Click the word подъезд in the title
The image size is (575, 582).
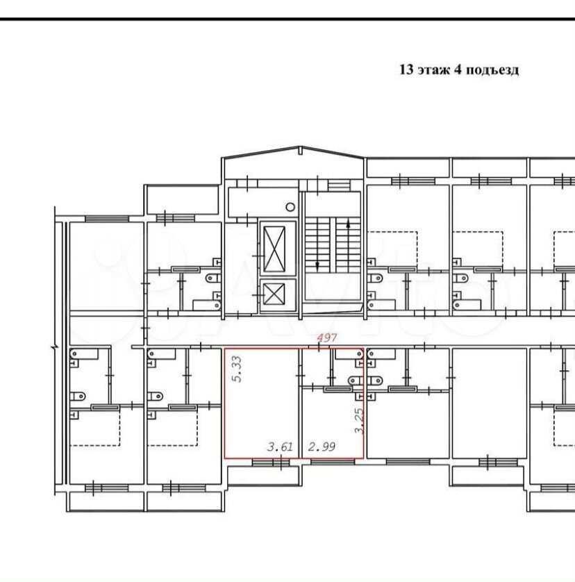pyautogui.click(x=492, y=70)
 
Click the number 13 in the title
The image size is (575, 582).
pyautogui.click(x=406, y=69)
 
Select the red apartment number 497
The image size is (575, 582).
pyautogui.click(x=326, y=338)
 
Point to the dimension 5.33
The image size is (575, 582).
pyautogui.click(x=237, y=369)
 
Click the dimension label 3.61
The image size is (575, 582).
pyautogui.click(x=281, y=447)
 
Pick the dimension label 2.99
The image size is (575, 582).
pyautogui.click(x=322, y=447)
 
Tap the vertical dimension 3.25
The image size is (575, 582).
pyautogui.click(x=359, y=421)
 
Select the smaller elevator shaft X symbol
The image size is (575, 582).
pyautogui.click(x=274, y=294)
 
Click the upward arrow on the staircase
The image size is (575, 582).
pyautogui.click(x=348, y=224)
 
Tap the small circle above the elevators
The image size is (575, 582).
pyautogui.click(x=290, y=207)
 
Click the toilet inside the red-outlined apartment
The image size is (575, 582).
pyautogui.click(x=354, y=381)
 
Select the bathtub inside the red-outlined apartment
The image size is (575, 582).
pyautogui.click(x=349, y=354)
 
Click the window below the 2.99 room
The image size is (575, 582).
pyautogui.click(x=333, y=462)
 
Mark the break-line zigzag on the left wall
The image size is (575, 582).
pyautogui.click(x=55, y=347)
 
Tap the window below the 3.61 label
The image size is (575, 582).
pyautogui.click(x=271, y=462)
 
